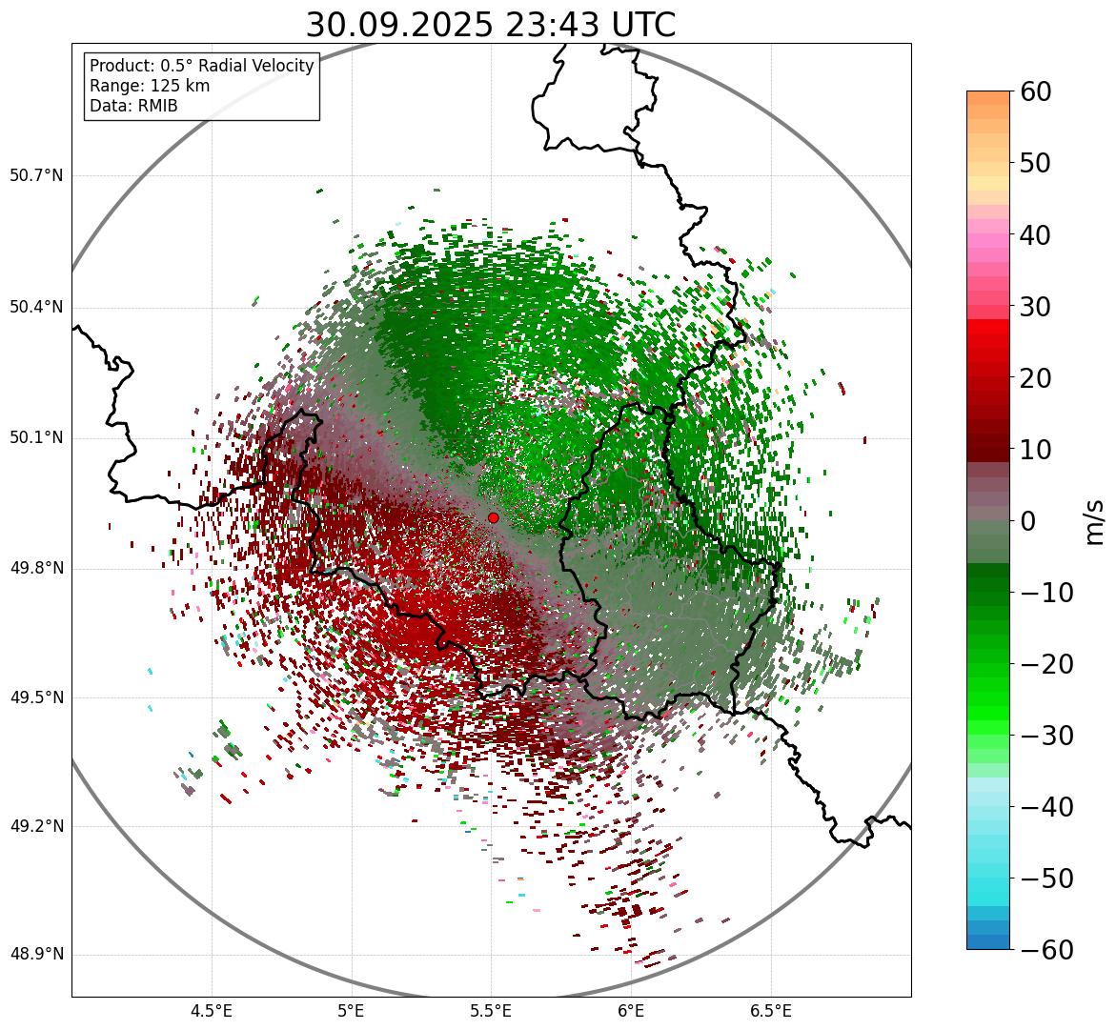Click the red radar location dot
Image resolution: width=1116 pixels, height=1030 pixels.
[493, 517]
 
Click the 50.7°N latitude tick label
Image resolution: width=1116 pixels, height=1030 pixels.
[36, 176]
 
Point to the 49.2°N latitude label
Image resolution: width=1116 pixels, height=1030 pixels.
[36, 826]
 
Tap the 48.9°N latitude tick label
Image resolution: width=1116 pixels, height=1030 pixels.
[36, 955]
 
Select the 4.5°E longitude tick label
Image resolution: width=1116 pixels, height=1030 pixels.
[212, 1011]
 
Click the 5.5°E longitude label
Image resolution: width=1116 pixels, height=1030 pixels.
[491, 1011]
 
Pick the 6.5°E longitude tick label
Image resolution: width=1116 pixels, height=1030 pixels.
[770, 1011]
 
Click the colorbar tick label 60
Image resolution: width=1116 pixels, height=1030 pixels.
[1036, 91]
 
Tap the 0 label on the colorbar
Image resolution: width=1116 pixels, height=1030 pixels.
[1028, 521]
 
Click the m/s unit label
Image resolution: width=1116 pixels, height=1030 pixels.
[1094, 521]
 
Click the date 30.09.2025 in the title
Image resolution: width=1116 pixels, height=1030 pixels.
[398, 26]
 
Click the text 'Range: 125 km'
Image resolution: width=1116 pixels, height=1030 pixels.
[150, 86]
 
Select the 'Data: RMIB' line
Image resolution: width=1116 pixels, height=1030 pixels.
[133, 106]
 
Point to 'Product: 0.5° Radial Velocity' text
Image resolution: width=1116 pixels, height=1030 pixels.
[201, 66]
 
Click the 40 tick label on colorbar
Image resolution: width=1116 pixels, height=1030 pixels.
[1036, 234]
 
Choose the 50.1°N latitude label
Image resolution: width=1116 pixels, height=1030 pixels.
[36, 438]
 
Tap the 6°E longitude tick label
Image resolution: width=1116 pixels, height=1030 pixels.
[630, 1011]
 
